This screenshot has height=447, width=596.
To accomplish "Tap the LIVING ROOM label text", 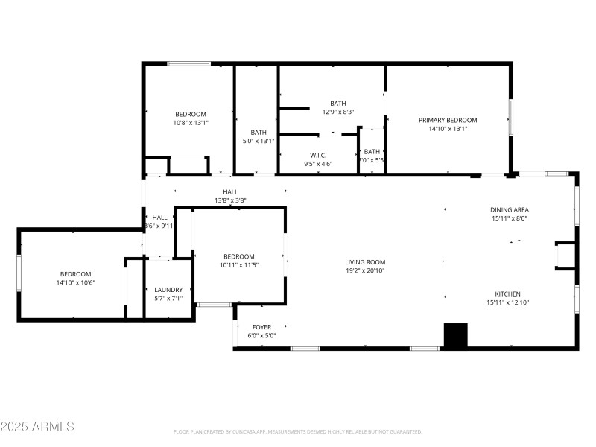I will point(365,262).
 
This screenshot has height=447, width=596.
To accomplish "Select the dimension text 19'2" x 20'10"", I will point(365,271).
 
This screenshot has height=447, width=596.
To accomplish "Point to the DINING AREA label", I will point(509,210).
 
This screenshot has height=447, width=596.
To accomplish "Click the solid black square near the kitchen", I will point(455,335).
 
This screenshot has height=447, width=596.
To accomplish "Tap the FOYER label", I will point(261,327).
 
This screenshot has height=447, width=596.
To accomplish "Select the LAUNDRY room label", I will point(168,290).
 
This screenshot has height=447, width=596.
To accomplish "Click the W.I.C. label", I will point(319,155).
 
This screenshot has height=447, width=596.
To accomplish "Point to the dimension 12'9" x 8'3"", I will point(337,112).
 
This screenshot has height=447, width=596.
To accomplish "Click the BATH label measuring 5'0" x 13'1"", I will point(259,132).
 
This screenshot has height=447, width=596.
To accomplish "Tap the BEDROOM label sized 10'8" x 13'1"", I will point(191,114).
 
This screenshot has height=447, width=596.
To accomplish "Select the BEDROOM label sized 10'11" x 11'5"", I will point(239,256).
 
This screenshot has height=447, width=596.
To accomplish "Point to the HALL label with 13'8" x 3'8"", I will point(230,191).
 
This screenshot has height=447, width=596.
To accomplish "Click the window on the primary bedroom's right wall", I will point(510,117).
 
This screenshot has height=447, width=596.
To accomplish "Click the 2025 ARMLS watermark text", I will point(37,427).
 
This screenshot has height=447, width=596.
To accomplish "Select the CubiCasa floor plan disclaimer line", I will point(298,431).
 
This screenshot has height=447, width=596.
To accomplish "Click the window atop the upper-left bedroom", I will point(188,64).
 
